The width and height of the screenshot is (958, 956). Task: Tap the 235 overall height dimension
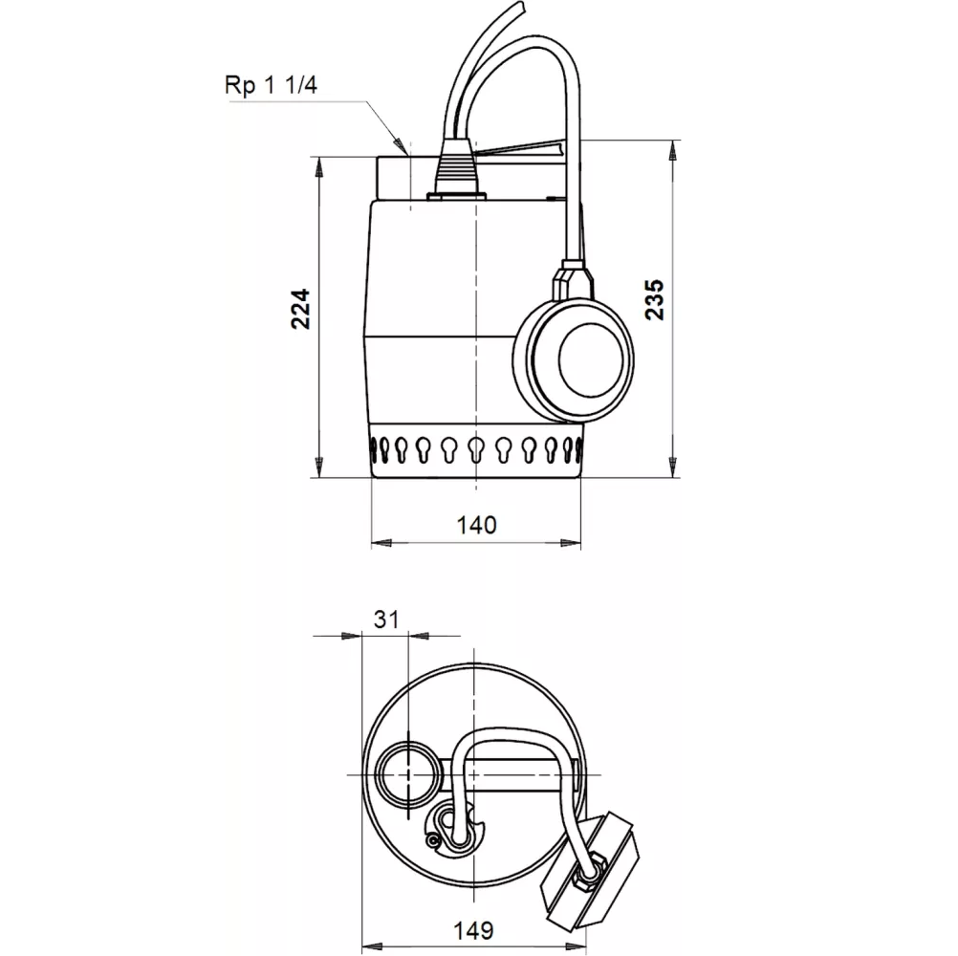654,300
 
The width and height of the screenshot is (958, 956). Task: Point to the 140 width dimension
476,524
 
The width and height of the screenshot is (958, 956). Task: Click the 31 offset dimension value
385,619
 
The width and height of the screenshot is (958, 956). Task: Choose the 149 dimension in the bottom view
474,928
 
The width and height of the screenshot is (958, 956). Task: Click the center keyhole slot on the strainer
476,447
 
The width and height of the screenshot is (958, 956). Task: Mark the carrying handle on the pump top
521,150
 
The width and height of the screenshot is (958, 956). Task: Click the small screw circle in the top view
436,839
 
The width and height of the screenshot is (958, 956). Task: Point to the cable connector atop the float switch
571,277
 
